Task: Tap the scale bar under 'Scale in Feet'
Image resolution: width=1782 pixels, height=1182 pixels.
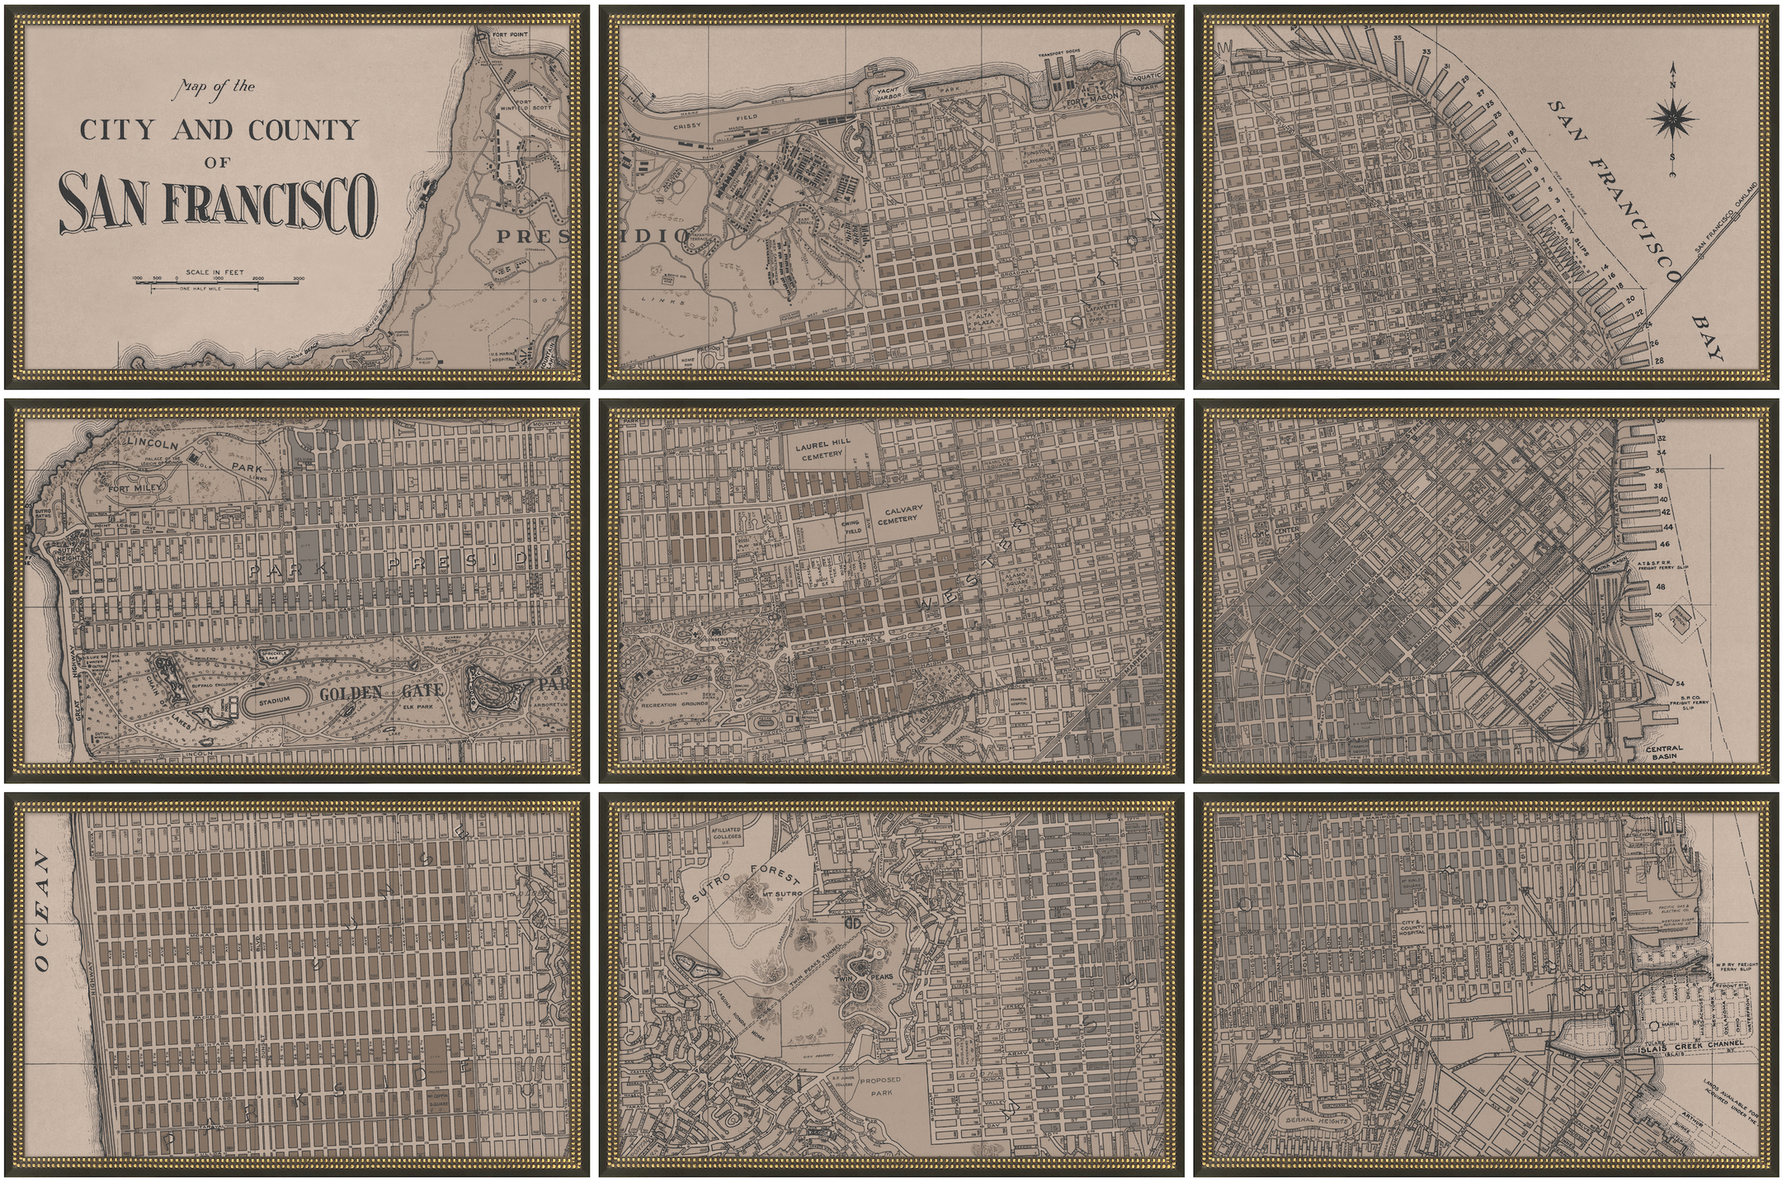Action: [218, 281]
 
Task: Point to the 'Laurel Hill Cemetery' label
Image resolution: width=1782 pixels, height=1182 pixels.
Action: [822, 450]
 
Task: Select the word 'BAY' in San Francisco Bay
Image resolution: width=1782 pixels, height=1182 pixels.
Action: [1707, 338]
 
